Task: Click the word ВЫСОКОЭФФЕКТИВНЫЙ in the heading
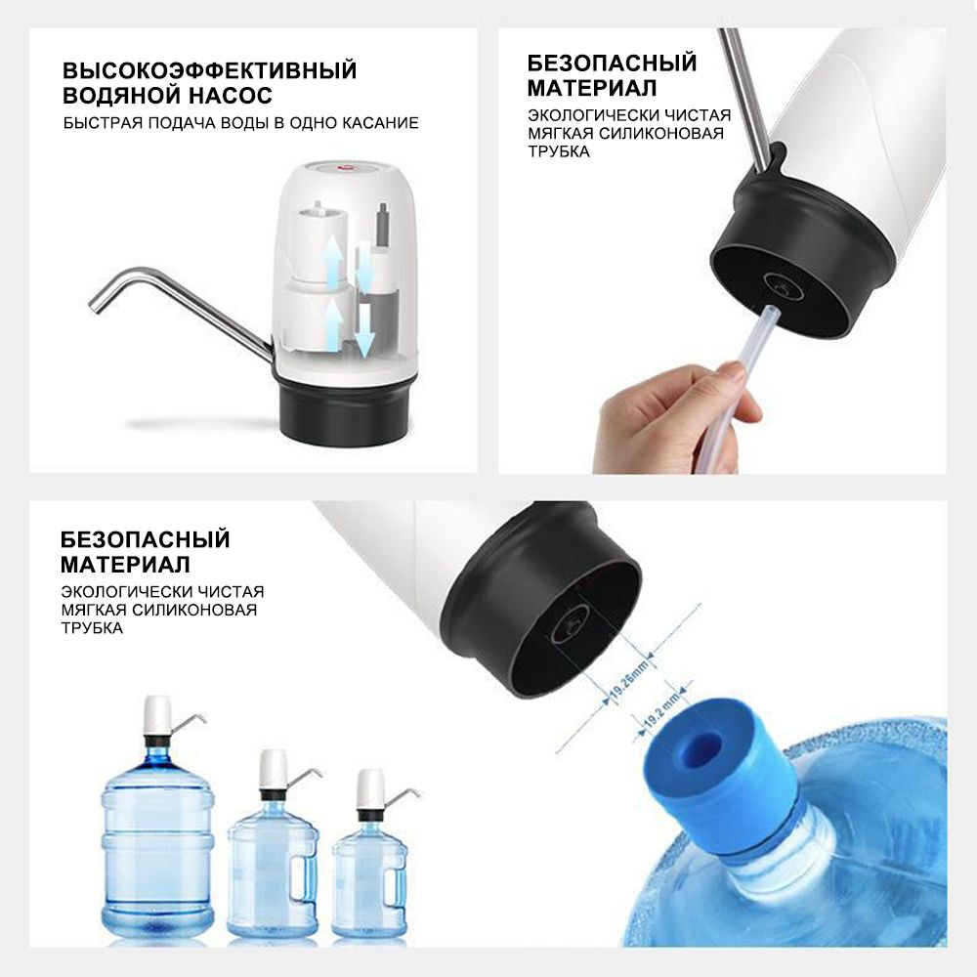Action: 209,69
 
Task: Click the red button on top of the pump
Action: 345,167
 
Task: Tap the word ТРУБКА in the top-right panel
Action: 559,151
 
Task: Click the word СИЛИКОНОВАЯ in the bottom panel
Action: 194,610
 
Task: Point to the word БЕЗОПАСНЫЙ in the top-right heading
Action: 612,63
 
